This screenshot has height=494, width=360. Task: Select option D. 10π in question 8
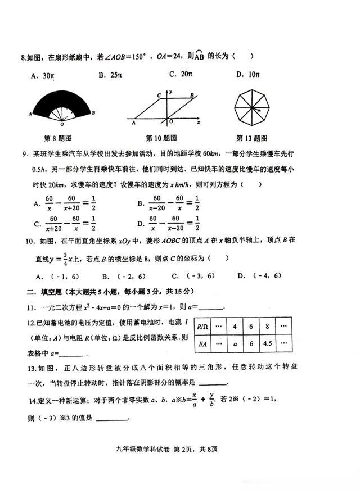click(247, 74)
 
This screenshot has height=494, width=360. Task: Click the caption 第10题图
click(161, 138)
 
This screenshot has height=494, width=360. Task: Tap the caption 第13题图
click(251, 138)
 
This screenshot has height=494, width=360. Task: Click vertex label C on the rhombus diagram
click(160, 96)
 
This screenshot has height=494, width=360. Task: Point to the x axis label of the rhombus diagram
click(199, 121)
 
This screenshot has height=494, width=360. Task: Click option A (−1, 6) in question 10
click(52, 276)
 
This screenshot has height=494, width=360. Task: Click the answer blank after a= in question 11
click(211, 307)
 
